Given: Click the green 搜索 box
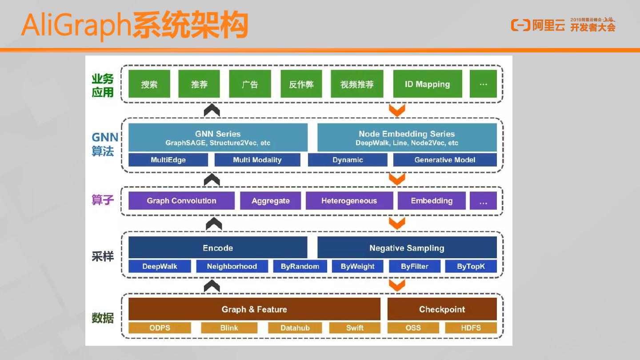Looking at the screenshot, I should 149,84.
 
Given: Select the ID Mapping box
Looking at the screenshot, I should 427,84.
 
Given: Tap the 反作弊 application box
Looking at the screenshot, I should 301,84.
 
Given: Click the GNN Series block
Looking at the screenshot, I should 218,138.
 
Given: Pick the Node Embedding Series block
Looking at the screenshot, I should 407,138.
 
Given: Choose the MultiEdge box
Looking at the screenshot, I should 168,160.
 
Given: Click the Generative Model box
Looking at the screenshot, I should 444,160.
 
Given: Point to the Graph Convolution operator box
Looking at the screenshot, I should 181,201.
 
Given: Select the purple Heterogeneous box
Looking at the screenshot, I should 349,201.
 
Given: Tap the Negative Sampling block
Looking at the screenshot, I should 407,248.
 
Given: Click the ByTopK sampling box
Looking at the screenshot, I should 471,267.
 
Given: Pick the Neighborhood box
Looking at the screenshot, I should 232,267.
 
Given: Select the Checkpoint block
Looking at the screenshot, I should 442,309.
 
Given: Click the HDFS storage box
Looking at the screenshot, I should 471,328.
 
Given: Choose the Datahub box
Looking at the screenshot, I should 295,328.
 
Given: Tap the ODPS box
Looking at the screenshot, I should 160,328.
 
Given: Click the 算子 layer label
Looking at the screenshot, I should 103,200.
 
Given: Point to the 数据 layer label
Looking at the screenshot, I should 103,318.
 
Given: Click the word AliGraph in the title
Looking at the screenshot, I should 76,26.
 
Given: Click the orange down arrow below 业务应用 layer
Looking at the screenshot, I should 396,110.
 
